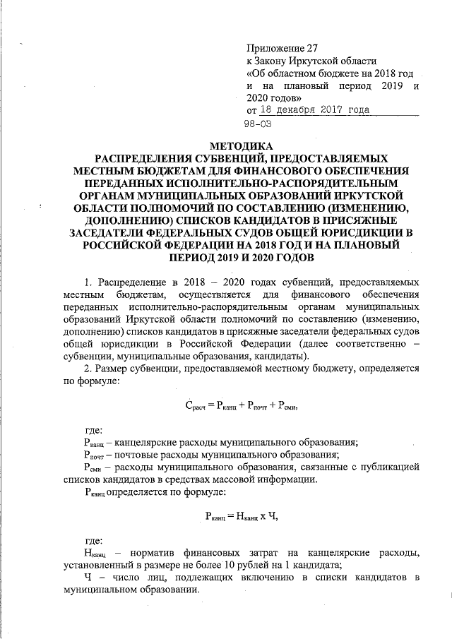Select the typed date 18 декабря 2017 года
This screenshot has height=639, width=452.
pyautogui.click(x=314, y=110)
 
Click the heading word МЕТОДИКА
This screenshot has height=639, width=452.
pyautogui.click(x=225, y=144)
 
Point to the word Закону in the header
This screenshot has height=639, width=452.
pyautogui.click(x=275, y=61)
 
